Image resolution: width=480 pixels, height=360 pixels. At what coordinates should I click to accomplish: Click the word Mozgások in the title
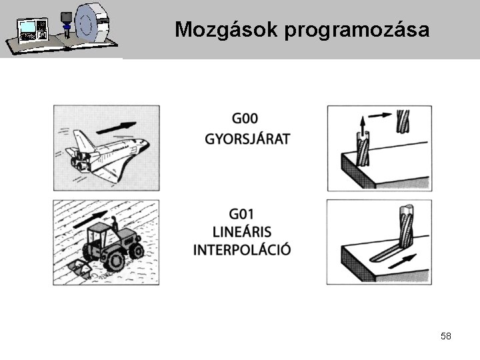click(x=226, y=30)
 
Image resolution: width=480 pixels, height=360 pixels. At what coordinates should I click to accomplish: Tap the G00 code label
click(x=245, y=119)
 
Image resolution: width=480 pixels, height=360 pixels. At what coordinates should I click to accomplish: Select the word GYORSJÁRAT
click(x=247, y=139)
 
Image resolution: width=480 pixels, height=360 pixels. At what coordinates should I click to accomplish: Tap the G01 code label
click(x=241, y=214)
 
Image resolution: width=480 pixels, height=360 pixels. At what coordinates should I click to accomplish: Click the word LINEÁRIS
click(x=242, y=232)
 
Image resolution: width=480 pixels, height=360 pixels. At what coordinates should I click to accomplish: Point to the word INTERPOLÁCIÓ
click(x=242, y=250)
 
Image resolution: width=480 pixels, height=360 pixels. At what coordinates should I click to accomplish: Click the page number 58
click(x=446, y=336)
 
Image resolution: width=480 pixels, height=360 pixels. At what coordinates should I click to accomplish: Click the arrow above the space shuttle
click(x=116, y=127)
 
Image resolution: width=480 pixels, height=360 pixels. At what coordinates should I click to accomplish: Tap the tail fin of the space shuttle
click(x=83, y=140)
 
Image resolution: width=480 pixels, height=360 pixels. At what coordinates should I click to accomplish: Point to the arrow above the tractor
click(x=91, y=219)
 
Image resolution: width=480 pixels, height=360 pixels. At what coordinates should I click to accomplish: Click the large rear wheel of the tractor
click(x=113, y=261)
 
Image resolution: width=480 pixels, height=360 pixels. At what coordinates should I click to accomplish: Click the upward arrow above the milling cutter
click(x=363, y=126)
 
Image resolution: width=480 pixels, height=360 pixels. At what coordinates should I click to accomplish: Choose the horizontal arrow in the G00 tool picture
click(x=380, y=115)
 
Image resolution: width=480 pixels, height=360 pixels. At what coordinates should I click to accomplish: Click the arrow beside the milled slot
click(x=403, y=261)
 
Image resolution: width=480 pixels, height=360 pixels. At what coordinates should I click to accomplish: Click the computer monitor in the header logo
click(x=27, y=28)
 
